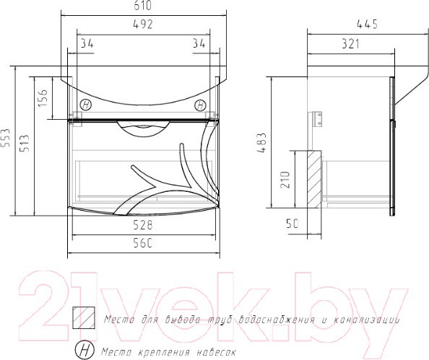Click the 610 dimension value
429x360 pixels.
coord(142,6)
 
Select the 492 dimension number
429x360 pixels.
coord(142,24)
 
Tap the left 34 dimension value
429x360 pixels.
coord(87,43)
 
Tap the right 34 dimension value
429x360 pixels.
coord(199,43)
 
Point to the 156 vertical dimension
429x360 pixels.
coord(43,98)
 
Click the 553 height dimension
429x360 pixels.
coord(6,138)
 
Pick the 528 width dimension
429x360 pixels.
coord(142,225)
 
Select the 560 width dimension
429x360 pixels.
coord(142,243)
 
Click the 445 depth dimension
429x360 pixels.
coord(367,25)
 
